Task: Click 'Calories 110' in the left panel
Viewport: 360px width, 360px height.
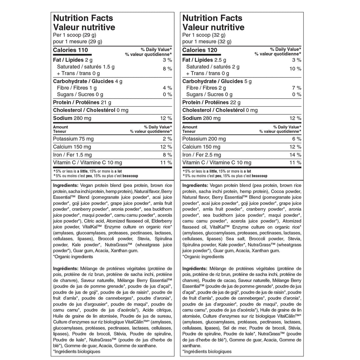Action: pyautogui.click(x=70, y=50)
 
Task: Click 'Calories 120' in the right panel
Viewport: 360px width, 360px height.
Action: pyautogui.click(x=200, y=50)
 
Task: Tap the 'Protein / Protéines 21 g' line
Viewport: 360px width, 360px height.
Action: pyautogui.click(x=82, y=102)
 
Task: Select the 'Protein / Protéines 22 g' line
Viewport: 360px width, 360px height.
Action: pyautogui.click(x=211, y=102)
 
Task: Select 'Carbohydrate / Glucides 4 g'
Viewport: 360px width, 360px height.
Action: pyautogui.click(x=88, y=81)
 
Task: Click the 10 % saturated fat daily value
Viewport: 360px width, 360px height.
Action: pyautogui.click(x=296, y=69)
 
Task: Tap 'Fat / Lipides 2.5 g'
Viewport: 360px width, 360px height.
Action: pyautogui.click(x=204, y=60)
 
